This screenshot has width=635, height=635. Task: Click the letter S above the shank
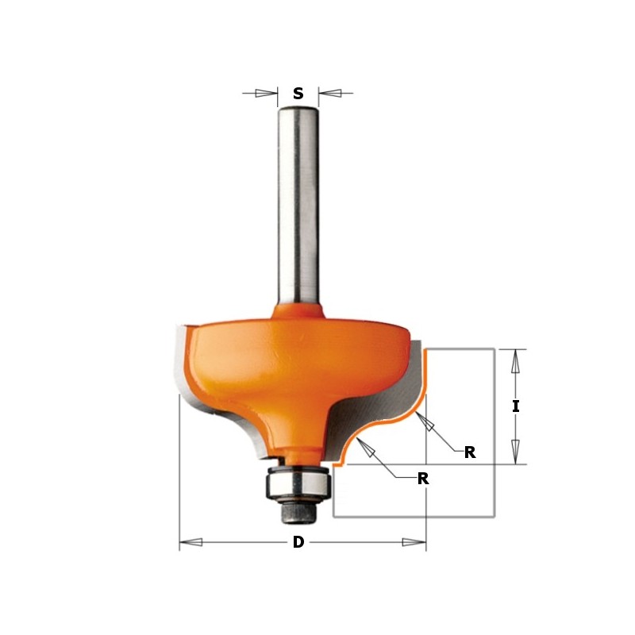298,93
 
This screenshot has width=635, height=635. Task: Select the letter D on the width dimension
298,543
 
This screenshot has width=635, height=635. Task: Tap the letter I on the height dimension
516,406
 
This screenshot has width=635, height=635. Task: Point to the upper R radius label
470,452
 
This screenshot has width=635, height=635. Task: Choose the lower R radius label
423,479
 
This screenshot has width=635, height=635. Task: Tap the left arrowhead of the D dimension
191,543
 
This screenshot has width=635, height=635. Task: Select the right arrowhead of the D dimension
414,543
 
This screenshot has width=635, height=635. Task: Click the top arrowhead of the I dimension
516,361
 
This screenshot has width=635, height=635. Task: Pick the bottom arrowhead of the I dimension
516,452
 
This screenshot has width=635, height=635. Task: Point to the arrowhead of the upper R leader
426,424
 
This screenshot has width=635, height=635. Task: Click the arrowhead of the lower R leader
367,449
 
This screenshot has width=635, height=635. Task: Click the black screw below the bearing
298,513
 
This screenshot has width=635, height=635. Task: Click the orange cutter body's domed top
298,341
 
